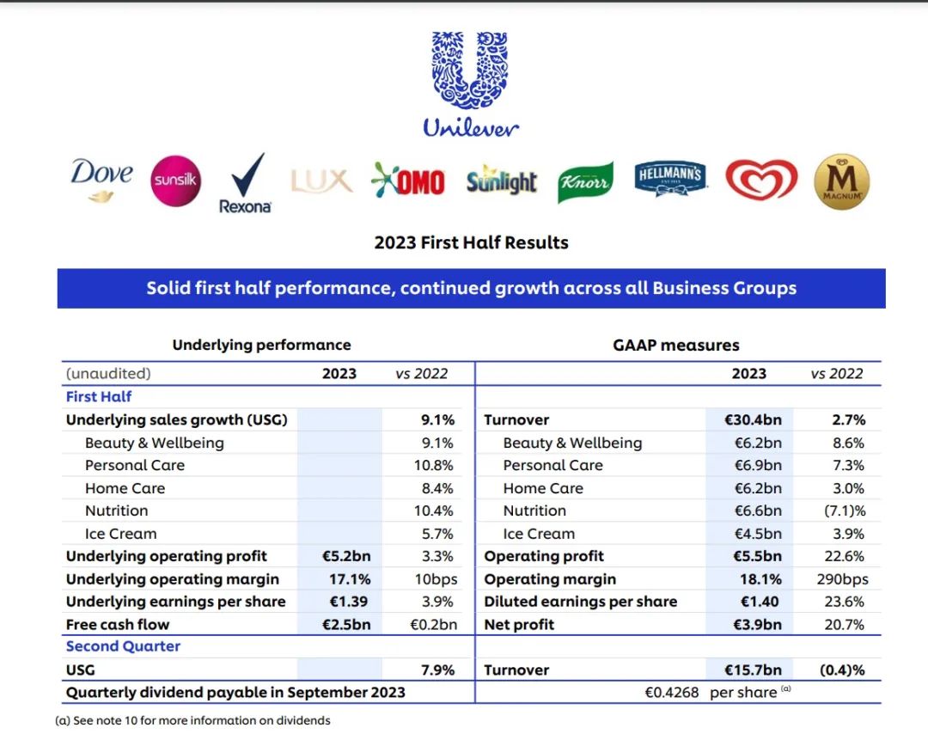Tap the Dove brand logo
tap(102, 179)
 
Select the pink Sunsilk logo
tap(176, 181)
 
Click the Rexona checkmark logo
tap(246, 182)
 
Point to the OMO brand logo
tap(408, 181)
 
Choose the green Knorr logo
tap(585, 182)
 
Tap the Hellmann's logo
tap(670, 180)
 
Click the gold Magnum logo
tap(841, 181)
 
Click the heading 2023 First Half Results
tap(471, 242)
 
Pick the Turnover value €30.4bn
tap(753, 420)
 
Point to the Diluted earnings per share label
tap(580, 602)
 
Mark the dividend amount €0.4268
tap(673, 693)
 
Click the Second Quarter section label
tap(123, 646)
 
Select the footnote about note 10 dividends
tap(192, 720)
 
